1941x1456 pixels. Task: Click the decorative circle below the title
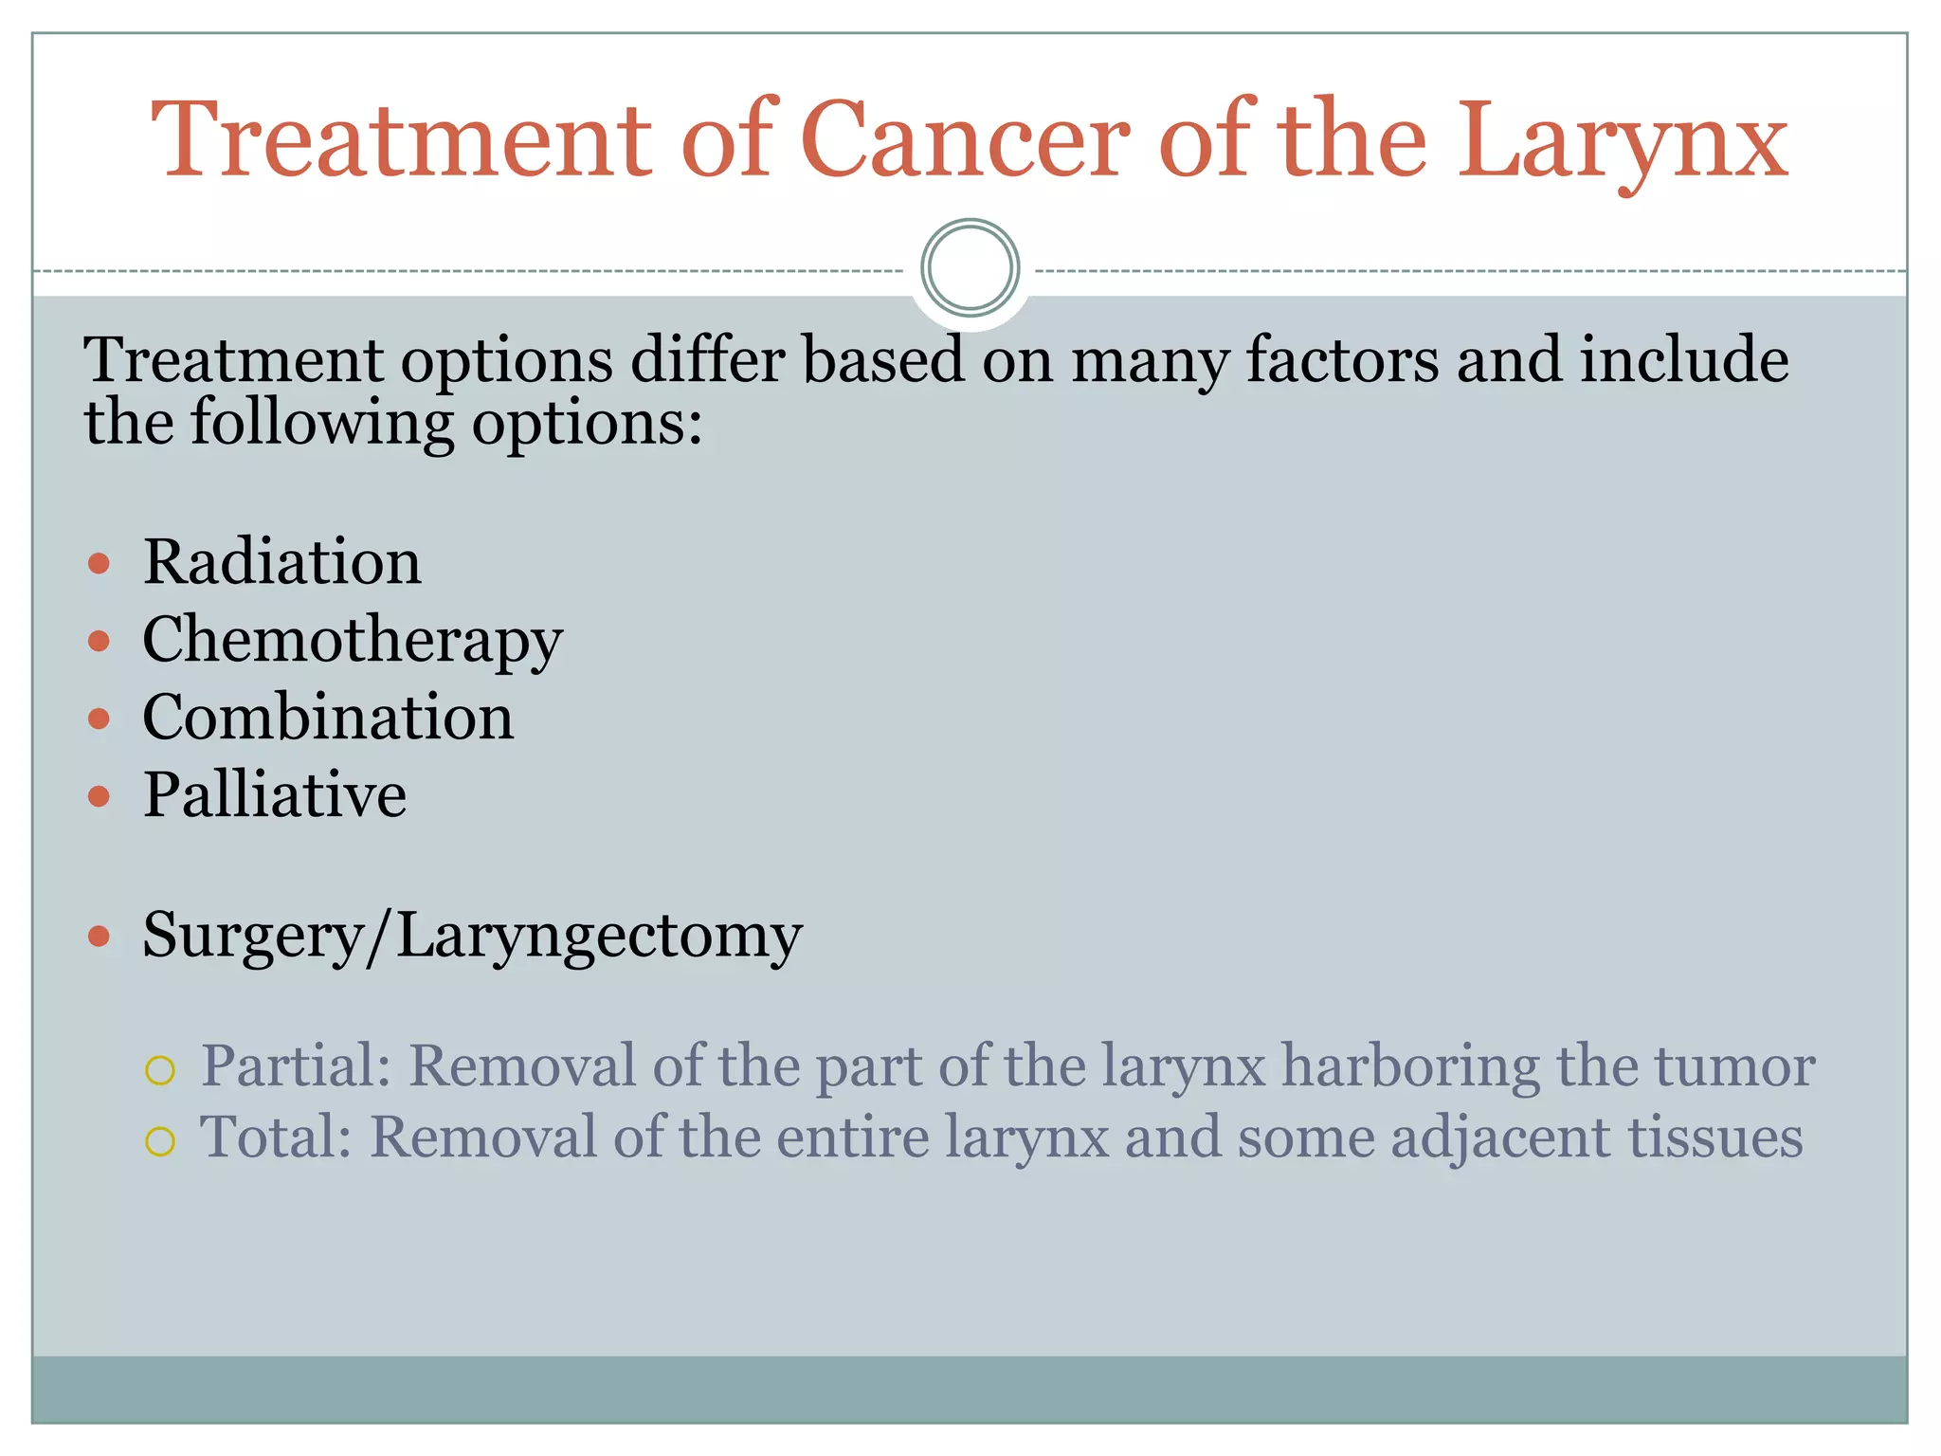click(x=970, y=268)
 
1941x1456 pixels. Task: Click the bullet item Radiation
click(x=281, y=562)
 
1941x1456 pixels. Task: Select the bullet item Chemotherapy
click(x=352, y=641)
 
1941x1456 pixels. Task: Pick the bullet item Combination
click(x=328, y=718)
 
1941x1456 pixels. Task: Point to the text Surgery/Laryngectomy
click(x=472, y=937)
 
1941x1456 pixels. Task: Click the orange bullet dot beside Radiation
click(x=99, y=565)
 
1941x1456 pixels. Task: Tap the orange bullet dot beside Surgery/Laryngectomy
click(x=99, y=937)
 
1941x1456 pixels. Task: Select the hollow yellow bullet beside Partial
click(x=160, y=1070)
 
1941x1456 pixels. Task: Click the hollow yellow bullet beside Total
click(x=160, y=1141)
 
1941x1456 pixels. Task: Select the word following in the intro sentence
click(x=322, y=424)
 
